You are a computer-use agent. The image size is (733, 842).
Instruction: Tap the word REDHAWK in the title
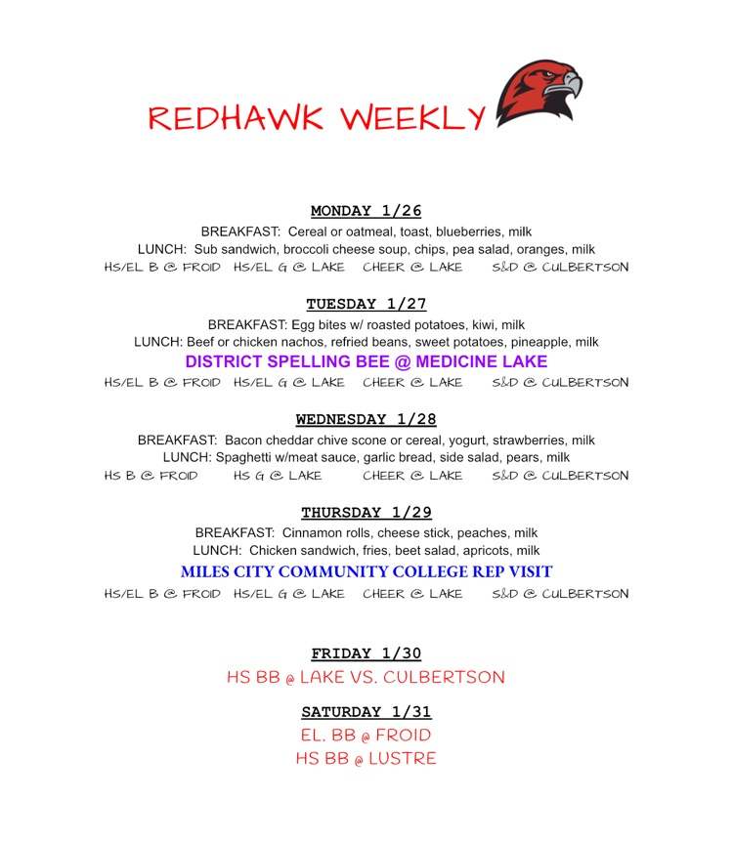tap(236, 118)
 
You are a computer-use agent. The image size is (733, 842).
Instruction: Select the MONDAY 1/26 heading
tap(366, 211)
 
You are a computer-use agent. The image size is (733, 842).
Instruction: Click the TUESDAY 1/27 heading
tap(366, 304)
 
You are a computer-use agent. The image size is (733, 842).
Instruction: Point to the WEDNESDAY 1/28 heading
tap(366, 419)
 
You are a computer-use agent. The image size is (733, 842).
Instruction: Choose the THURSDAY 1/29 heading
tap(366, 513)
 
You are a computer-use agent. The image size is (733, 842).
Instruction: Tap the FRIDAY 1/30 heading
tap(366, 653)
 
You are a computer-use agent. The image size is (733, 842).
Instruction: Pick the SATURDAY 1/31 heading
tap(366, 712)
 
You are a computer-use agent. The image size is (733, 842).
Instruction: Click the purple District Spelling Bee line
tap(366, 361)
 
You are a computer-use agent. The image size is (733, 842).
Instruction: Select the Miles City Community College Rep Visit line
tap(366, 571)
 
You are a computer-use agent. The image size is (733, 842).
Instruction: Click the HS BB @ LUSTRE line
tap(366, 758)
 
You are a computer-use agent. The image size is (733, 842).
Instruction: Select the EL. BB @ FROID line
tap(366, 735)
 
